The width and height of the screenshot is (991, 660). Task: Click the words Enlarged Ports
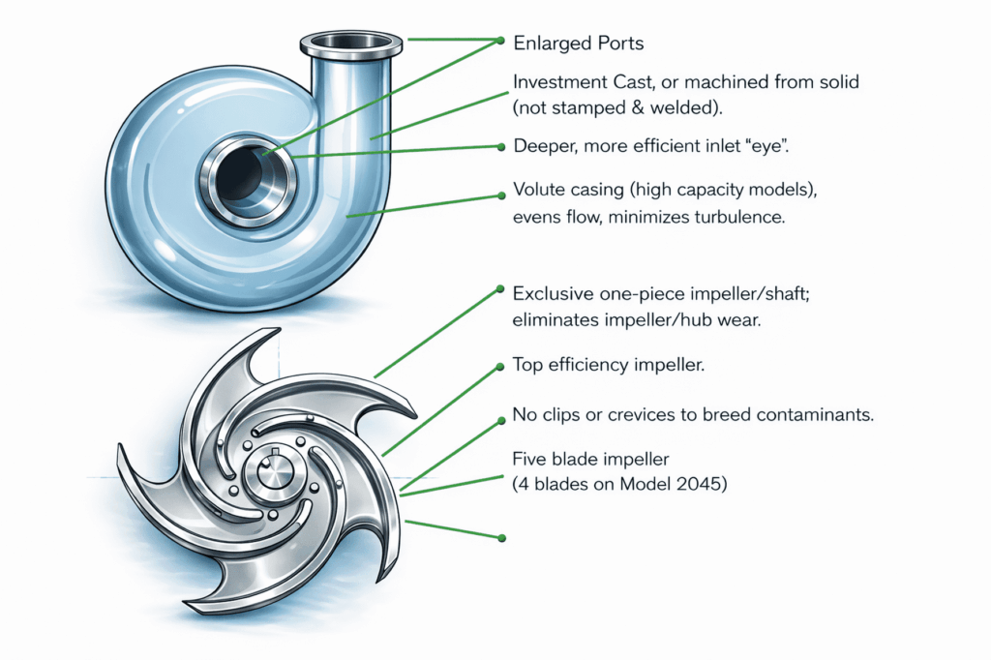[x=579, y=43]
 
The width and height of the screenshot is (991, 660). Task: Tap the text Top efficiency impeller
[x=608, y=365]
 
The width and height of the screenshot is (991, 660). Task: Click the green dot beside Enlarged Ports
[x=500, y=41]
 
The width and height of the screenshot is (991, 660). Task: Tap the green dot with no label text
[x=502, y=538]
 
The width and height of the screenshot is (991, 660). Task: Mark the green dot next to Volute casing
[x=501, y=196]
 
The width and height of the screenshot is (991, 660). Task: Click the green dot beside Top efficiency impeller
[x=500, y=367]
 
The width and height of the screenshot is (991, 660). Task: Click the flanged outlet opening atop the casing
[x=350, y=43]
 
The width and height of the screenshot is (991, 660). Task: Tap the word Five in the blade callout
[x=529, y=459]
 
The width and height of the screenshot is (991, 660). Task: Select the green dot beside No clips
[x=501, y=420]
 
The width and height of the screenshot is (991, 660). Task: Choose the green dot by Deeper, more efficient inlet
[x=501, y=147]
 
